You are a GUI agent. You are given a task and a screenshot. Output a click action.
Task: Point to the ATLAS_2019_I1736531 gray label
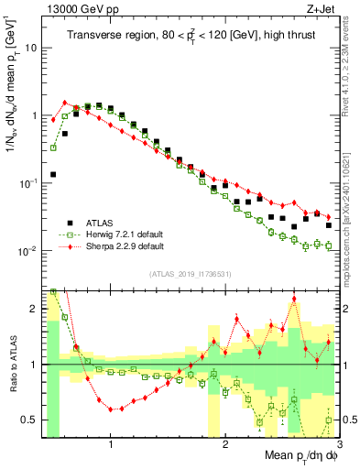(x=190, y=273)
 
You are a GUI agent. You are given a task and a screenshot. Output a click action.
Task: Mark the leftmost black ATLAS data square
(x=53, y=174)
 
